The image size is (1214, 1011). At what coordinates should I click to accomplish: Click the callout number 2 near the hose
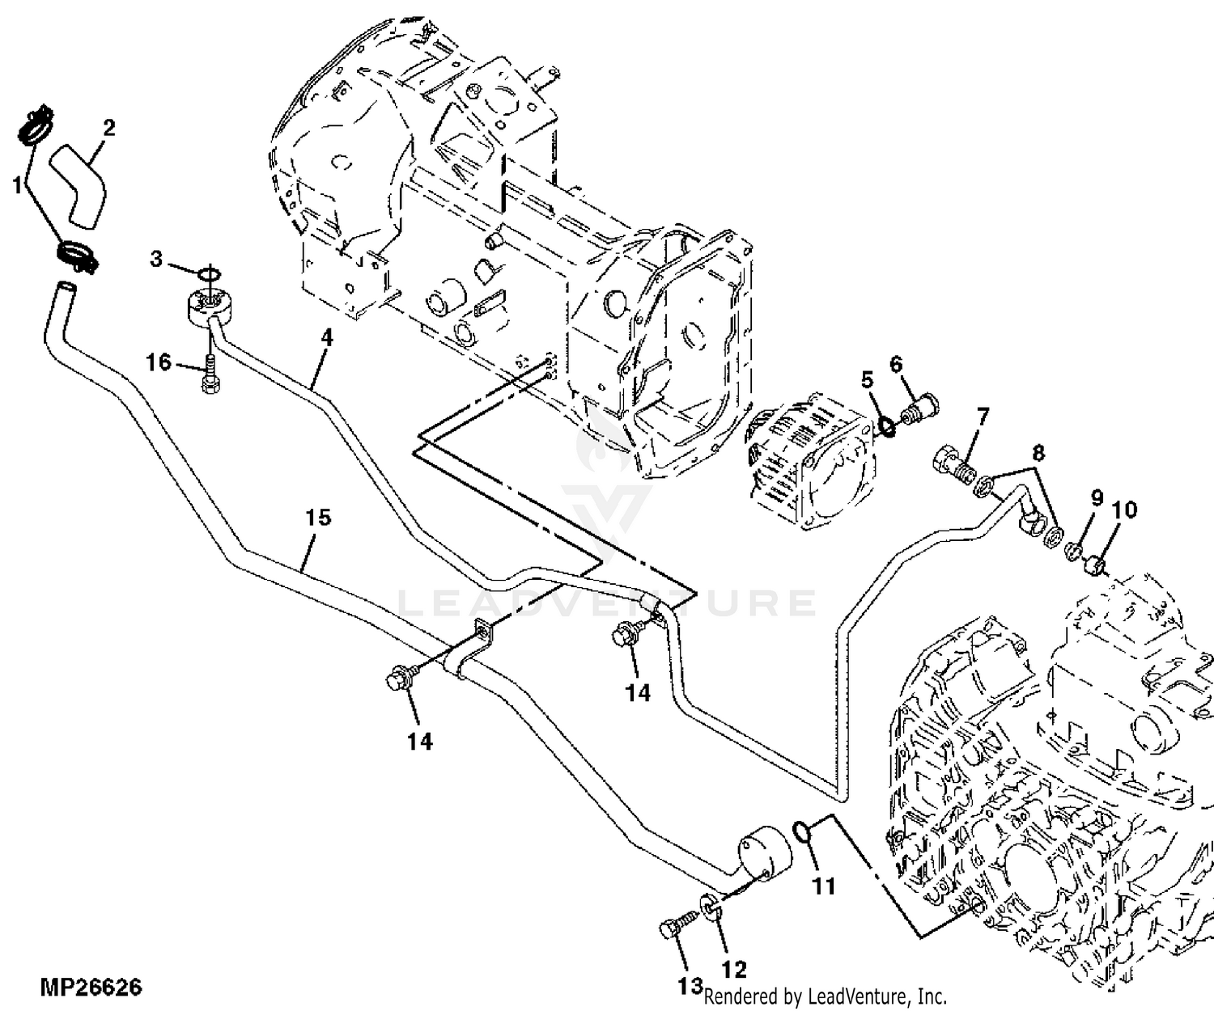[x=108, y=129]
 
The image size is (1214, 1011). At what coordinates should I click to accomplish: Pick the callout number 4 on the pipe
[x=327, y=338]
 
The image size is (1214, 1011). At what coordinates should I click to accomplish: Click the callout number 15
[x=318, y=517]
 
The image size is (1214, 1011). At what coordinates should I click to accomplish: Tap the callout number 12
[x=733, y=969]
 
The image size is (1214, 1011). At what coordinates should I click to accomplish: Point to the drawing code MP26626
[x=91, y=988]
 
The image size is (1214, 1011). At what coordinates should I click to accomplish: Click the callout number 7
[x=983, y=417]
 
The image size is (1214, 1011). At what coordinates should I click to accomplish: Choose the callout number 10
[x=1124, y=510]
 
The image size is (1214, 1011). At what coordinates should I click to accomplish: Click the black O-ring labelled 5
[x=885, y=428]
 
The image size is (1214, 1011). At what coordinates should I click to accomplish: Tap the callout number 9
[x=1097, y=497]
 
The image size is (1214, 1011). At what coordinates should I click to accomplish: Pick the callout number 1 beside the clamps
[x=18, y=186]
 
